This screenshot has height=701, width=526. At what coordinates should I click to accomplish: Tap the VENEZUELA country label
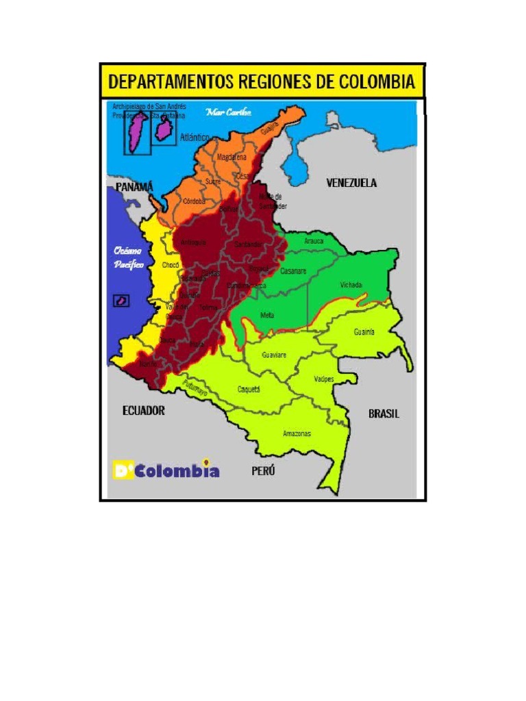tap(351, 183)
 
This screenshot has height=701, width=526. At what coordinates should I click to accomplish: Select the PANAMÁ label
tap(134, 187)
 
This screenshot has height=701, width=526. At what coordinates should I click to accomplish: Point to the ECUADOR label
tap(143, 411)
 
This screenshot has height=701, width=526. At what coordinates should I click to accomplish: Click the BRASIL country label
tap(384, 414)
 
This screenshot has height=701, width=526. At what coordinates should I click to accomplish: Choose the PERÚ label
tap(262, 471)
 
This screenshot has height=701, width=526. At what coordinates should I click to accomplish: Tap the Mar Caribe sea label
tap(229, 112)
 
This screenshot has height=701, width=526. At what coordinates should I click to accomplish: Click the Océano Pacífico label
tap(129, 258)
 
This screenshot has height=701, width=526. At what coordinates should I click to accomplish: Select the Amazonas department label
tap(297, 433)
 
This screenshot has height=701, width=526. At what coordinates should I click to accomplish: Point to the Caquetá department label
tap(249, 390)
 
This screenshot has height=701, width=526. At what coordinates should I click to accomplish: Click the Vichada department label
tap(351, 285)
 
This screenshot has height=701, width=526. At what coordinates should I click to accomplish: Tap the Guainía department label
tap(364, 332)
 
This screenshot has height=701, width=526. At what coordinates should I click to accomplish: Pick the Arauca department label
tap(314, 242)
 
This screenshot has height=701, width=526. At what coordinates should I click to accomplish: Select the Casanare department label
tap(293, 271)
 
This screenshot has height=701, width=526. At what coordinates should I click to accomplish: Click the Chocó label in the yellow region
tap(170, 265)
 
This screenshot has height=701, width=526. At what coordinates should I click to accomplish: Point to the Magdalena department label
tap(231, 157)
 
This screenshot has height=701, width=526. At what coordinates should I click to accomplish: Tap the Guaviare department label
tap(274, 355)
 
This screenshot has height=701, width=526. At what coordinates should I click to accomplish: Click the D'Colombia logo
tap(166, 470)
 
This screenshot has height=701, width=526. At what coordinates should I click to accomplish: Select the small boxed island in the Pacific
tap(121, 300)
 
